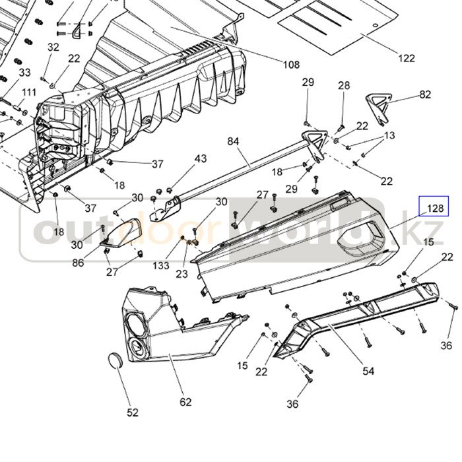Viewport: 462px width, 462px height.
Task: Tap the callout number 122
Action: point(407,58)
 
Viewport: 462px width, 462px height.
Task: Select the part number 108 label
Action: point(291,65)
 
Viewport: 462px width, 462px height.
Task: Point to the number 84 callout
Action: point(234,141)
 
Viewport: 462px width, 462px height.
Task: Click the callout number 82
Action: point(424,94)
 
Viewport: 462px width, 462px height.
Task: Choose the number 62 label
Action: point(185,401)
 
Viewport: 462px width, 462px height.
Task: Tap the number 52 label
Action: point(133,412)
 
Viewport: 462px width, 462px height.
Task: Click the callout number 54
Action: point(368,371)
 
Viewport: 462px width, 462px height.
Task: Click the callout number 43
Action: point(200,158)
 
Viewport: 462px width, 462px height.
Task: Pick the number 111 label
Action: point(29,92)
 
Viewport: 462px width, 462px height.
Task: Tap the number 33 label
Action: point(24,72)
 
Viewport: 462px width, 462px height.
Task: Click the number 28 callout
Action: point(344,85)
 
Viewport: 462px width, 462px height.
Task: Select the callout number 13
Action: point(389,135)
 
